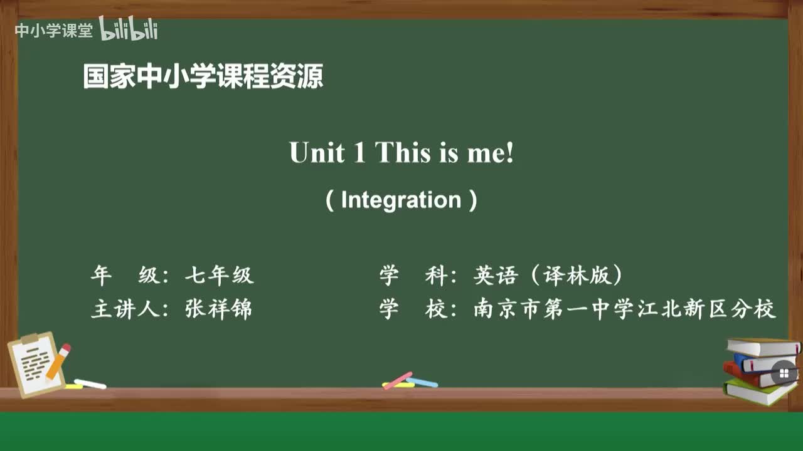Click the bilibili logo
[x=129, y=29]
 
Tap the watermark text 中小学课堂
[x=53, y=31]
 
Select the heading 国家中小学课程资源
[x=203, y=77]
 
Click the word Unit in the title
[x=317, y=153]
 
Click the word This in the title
[x=403, y=153]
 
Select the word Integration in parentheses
[x=401, y=200]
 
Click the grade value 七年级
[x=219, y=275]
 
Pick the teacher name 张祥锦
[x=219, y=309]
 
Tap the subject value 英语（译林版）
[x=548, y=275]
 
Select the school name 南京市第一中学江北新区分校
[x=625, y=309]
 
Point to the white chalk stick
[x=90, y=383]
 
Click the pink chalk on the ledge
[x=398, y=380]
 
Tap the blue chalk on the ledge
[x=422, y=382]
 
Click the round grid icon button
[x=784, y=374]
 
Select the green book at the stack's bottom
[x=759, y=392]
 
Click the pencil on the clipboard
[x=58, y=361]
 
